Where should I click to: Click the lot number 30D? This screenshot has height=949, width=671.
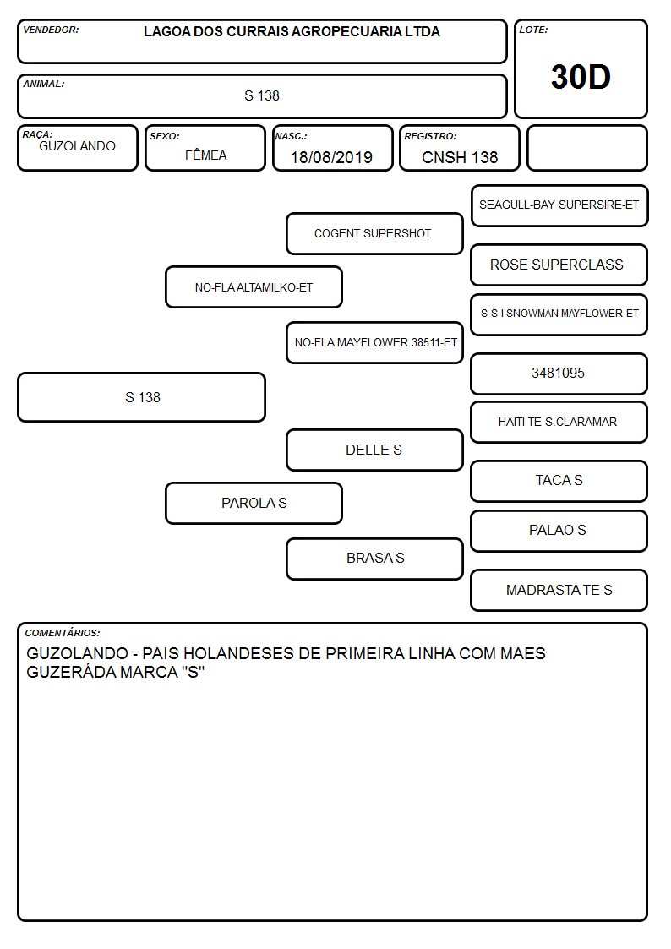581,77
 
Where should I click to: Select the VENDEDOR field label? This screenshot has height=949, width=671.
51,30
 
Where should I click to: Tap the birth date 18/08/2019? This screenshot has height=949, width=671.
331,157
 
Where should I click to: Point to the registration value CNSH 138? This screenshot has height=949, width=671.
459,157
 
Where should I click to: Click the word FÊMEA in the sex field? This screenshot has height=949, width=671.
205,155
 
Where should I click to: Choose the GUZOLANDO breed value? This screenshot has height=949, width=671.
77,146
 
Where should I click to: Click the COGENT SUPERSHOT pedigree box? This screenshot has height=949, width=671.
374,233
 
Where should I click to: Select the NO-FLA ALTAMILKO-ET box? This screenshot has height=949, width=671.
254,287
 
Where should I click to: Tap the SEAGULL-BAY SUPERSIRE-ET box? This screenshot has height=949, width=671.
559,206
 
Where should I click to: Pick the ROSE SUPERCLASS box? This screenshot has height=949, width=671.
559,265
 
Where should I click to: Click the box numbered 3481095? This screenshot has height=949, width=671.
559,374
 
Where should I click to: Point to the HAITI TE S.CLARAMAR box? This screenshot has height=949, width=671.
559,422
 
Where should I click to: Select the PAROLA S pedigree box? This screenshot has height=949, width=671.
254,503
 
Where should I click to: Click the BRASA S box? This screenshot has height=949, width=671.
374,559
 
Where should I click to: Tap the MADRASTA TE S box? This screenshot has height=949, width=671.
559,590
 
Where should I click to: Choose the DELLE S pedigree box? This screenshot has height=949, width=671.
374,450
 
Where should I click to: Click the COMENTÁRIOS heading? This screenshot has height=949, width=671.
63,633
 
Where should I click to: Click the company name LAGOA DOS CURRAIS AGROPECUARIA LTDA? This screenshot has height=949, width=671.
292,31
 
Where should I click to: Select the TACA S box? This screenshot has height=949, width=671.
559,481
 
